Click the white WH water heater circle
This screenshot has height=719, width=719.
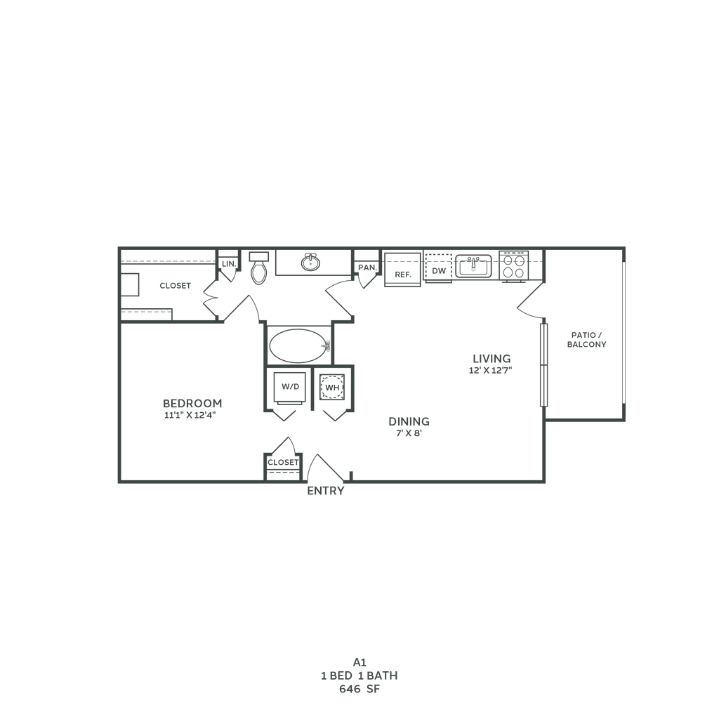tap(331, 387)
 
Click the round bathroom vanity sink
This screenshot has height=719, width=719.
tap(308, 264)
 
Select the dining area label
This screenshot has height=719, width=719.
tap(409, 427)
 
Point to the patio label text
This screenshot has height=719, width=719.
tap(586, 339)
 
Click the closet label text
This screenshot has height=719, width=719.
tap(175, 286)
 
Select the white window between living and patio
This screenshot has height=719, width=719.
tap(542, 364)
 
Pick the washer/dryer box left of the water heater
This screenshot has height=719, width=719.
tap(289, 387)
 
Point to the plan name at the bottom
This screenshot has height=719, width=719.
tap(359, 661)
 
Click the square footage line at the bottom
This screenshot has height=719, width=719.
tap(359, 689)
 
